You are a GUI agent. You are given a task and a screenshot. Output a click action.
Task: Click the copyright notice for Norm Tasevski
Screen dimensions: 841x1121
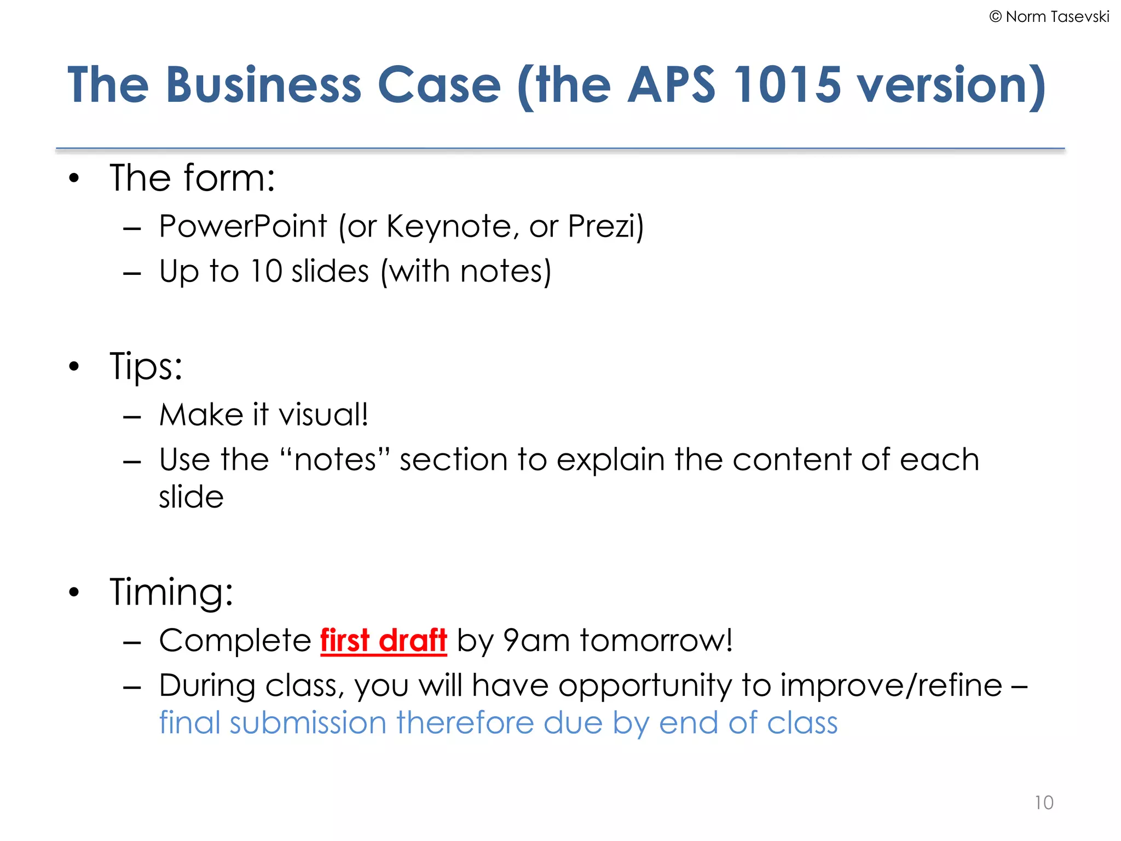coord(1049,17)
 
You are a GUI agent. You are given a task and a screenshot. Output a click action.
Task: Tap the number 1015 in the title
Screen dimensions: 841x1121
coord(787,85)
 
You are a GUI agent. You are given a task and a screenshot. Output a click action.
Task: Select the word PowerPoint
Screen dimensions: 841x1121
coord(243,226)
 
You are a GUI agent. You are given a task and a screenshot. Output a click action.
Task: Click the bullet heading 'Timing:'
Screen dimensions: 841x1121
coord(171,592)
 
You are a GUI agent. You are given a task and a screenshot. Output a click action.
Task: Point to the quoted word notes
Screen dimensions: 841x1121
coord(335,459)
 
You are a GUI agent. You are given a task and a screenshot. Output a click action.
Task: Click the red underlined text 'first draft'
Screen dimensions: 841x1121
coord(383,640)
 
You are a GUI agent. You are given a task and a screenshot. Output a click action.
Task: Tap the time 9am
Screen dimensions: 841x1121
coord(536,640)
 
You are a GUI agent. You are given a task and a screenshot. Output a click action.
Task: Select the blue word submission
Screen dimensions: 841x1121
coord(308,723)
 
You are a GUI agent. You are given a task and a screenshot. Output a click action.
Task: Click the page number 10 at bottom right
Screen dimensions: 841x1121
coord(1044,803)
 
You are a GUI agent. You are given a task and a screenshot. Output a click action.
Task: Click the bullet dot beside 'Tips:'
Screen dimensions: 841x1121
coord(74,366)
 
